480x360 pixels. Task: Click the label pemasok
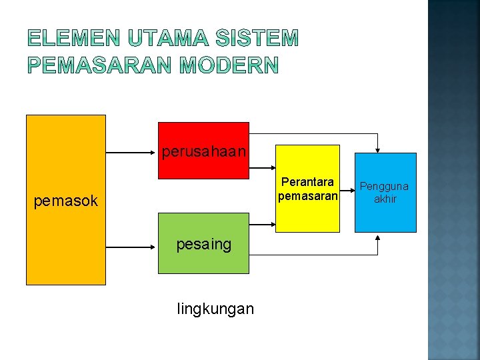(x=65, y=201)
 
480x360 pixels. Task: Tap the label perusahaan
(x=203, y=152)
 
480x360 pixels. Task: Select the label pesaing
(x=203, y=245)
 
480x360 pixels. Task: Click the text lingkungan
(x=215, y=309)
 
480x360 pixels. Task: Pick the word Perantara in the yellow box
(x=308, y=182)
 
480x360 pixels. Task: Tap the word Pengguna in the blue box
(x=385, y=187)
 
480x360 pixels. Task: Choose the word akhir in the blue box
(x=385, y=199)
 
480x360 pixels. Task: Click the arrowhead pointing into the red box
(x=154, y=153)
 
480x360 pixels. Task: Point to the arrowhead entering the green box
(x=154, y=246)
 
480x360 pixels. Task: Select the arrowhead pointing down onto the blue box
(x=378, y=149)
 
